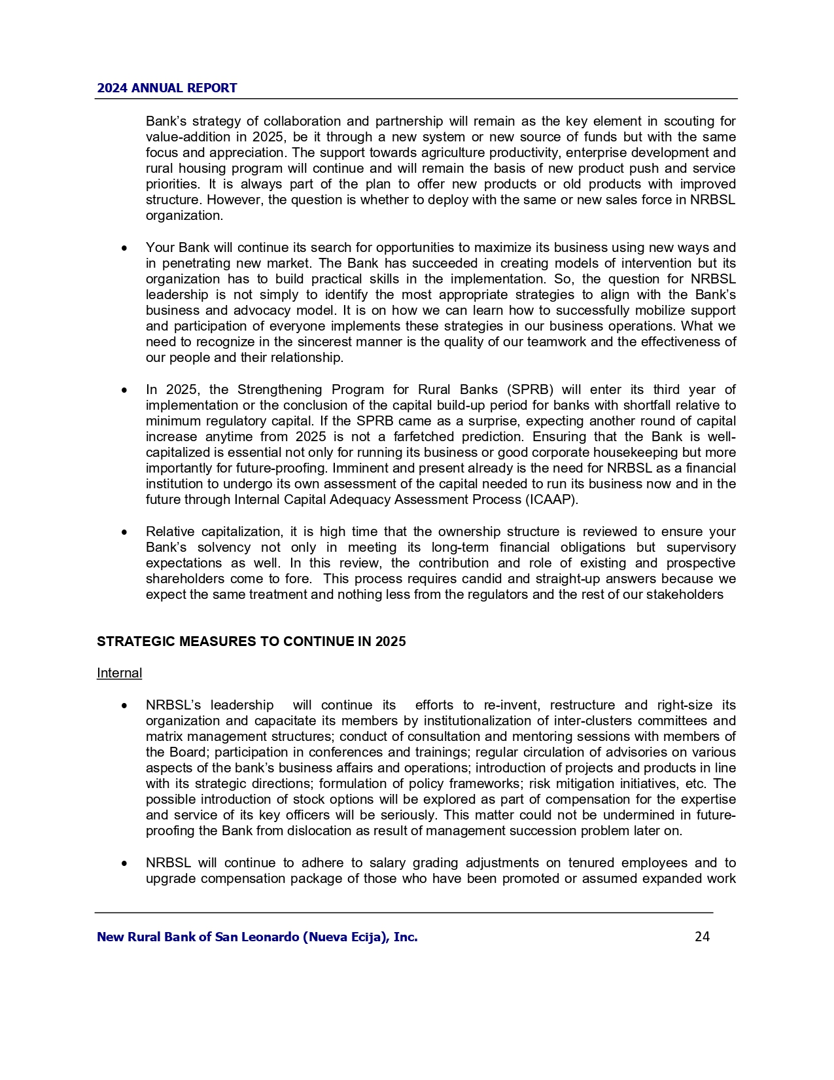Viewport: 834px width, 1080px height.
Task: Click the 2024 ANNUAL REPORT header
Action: point(167,88)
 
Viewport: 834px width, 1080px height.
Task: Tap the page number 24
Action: point(702,937)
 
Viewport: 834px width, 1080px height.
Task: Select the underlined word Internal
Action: point(119,673)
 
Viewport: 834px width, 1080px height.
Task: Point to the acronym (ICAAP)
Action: point(551,499)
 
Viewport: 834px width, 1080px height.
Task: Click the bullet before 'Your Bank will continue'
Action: point(124,248)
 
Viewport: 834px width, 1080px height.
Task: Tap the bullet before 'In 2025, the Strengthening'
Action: point(124,390)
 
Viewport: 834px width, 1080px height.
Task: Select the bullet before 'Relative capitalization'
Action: point(124,532)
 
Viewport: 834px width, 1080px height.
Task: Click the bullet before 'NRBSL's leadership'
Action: point(124,706)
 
